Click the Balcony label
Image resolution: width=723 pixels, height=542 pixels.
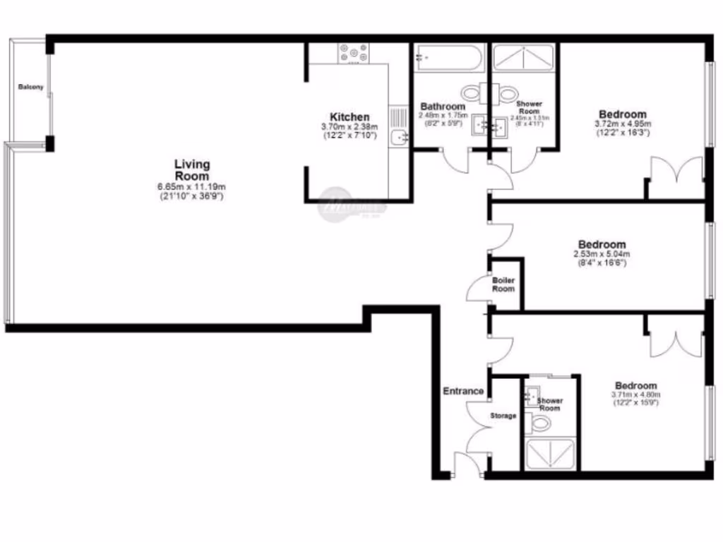pyautogui.click(x=30, y=87)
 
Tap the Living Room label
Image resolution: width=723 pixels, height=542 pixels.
pyautogui.click(x=192, y=170)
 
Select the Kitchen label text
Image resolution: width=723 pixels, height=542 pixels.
pyautogui.click(x=349, y=116)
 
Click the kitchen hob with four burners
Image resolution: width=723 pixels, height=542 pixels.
pyautogui.click(x=354, y=53)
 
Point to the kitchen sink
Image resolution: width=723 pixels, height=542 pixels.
pyautogui.click(x=399, y=137)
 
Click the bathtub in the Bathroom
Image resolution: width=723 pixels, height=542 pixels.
pyautogui.click(x=448, y=57)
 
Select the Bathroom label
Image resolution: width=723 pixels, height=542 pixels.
pyautogui.click(x=443, y=107)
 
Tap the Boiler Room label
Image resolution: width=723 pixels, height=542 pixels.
pyautogui.click(x=503, y=284)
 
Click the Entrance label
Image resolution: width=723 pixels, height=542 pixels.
pyautogui.click(x=463, y=391)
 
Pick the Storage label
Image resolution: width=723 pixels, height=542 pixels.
pyautogui.click(x=503, y=416)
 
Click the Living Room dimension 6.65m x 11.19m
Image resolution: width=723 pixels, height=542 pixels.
pyautogui.click(x=192, y=186)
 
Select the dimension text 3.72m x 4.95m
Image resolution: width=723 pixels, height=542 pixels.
pyautogui.click(x=623, y=124)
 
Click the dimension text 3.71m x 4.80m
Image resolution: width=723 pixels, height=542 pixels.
pyautogui.click(x=635, y=395)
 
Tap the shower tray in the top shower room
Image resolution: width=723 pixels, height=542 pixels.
pyautogui.click(x=523, y=57)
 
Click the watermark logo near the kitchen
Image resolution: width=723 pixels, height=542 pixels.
pyautogui.click(x=354, y=205)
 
